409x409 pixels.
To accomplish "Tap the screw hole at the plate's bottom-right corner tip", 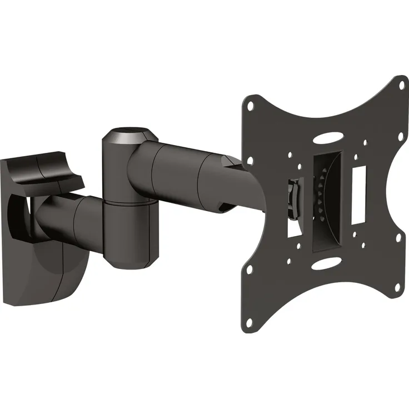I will point(397,287).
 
